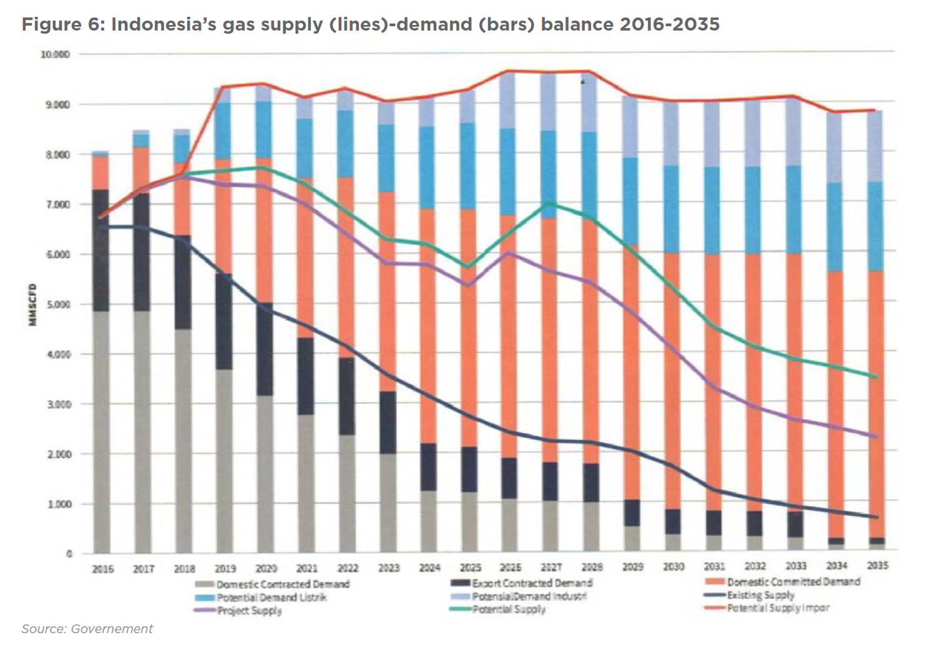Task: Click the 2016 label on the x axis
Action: coord(103,569)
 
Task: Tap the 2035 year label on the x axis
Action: coord(878,565)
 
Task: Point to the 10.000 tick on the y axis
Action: coord(55,54)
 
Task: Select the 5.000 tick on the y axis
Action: coord(57,304)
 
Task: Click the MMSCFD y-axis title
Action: coord(32,304)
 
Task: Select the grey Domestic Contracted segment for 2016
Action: coord(101,430)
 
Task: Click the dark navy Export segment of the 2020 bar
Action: coord(265,349)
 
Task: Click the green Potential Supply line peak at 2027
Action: coord(550,203)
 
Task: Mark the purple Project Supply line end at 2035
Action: coord(876,436)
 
